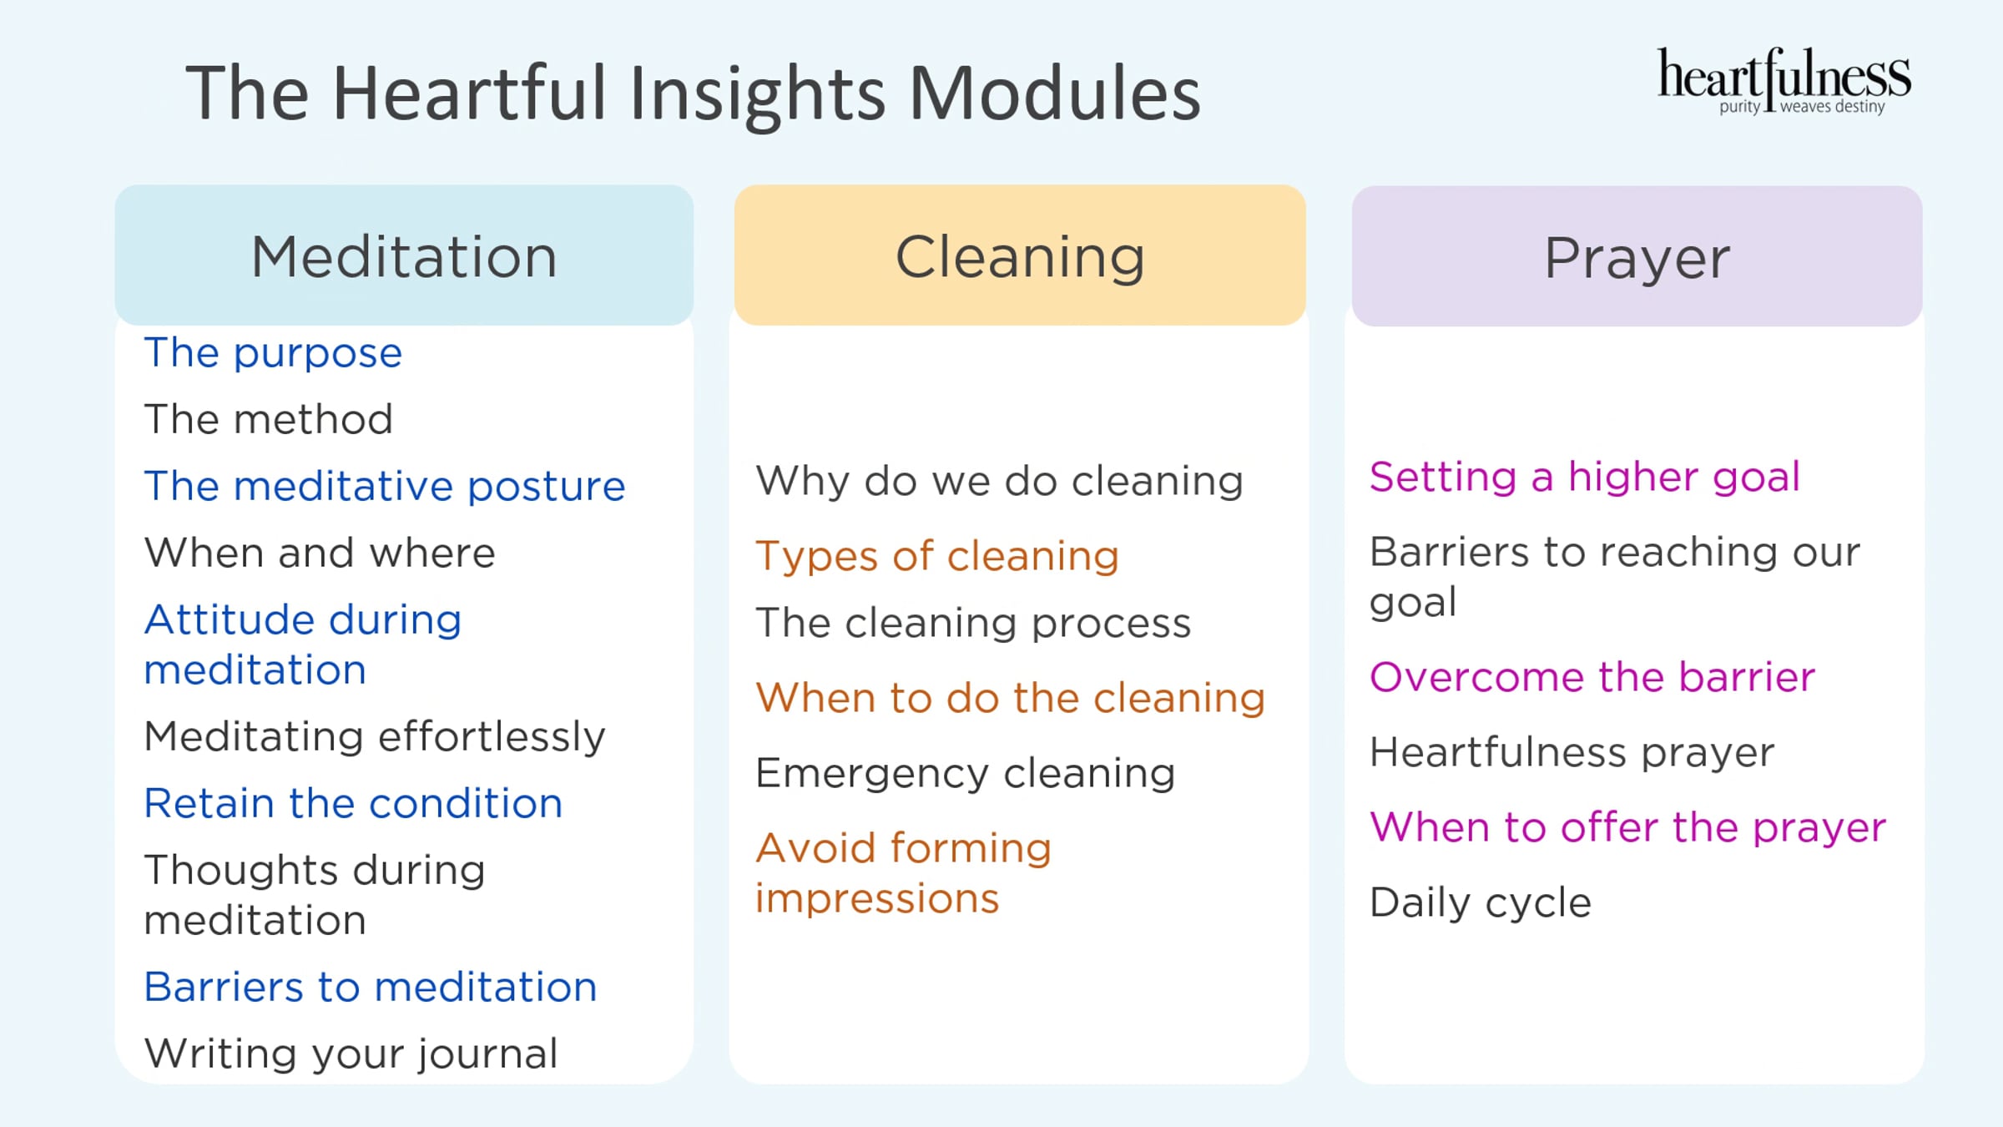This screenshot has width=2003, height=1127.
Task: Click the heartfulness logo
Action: [x=1784, y=82]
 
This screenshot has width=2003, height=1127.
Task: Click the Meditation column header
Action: [x=404, y=255]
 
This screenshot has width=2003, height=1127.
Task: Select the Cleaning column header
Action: [x=1020, y=255]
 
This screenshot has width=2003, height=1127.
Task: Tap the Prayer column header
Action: [x=1637, y=256]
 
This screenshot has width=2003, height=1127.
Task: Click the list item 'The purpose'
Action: [x=273, y=353]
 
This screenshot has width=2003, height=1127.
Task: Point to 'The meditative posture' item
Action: [x=385, y=487]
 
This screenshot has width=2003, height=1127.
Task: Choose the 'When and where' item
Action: [x=320, y=553]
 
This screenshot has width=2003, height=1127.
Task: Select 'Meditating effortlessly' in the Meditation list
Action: [x=375, y=737]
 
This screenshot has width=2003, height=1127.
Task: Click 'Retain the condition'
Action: [x=353, y=803]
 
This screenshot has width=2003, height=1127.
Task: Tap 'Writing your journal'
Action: [x=351, y=1054]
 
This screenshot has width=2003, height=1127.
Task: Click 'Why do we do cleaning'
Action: [x=999, y=482]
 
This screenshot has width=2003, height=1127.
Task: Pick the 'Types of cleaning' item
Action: [x=937, y=557]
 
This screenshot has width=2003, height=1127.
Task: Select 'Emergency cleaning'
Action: [x=966, y=774]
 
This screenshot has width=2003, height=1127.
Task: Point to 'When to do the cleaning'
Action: [x=1011, y=698]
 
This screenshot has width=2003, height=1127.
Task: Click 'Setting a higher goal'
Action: [x=1585, y=478]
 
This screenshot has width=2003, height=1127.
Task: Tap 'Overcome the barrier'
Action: [x=1592, y=677]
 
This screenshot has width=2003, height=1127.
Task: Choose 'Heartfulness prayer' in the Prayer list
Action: [x=1572, y=752]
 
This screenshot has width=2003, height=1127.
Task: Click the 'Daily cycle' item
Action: [x=1481, y=903]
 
